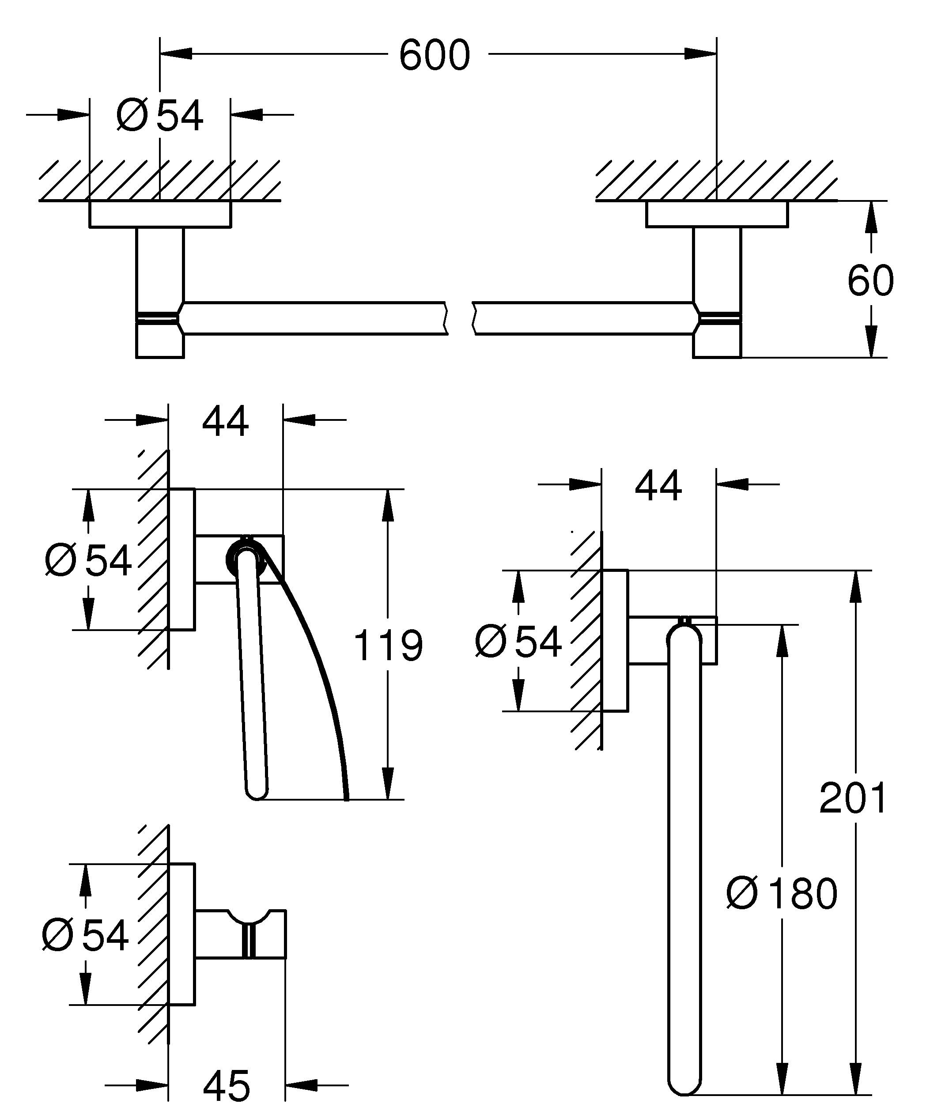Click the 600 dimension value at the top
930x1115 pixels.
[x=434, y=55]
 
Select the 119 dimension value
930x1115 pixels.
[x=388, y=646]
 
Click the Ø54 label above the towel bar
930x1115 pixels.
[x=160, y=116]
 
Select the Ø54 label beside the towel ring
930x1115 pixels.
[x=518, y=642]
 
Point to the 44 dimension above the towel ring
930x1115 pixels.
[x=658, y=486]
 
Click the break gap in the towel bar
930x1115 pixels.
[x=460, y=318]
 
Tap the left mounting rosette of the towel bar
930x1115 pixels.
[x=160, y=215]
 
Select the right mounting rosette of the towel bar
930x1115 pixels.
[x=717, y=215]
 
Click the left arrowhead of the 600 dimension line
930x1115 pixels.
[x=176, y=53]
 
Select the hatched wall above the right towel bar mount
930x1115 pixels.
[x=717, y=181]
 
